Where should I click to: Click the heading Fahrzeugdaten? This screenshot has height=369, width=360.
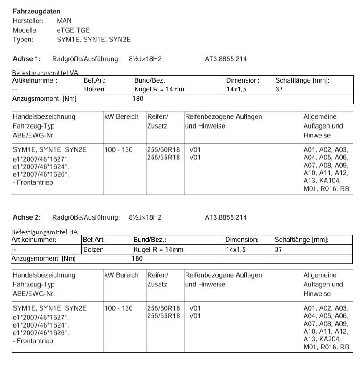click(x=36, y=11)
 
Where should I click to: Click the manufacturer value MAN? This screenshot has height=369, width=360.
click(x=64, y=21)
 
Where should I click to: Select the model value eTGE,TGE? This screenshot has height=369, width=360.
click(x=73, y=30)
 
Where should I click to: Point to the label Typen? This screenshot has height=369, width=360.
click(x=23, y=39)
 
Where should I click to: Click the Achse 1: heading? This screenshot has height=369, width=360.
click(x=27, y=59)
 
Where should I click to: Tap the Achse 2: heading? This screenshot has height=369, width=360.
click(x=27, y=217)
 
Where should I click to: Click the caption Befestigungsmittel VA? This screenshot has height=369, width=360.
click(x=45, y=72)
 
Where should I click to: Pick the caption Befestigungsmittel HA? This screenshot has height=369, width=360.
click(x=45, y=232)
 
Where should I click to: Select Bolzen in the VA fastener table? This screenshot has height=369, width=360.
click(x=94, y=89)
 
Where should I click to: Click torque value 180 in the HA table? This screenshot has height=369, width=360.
click(x=137, y=258)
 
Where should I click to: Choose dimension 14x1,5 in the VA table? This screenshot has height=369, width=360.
click(x=236, y=89)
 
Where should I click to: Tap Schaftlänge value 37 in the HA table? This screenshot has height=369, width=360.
click(x=278, y=249)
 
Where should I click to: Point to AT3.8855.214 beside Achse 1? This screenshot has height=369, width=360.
click(x=226, y=59)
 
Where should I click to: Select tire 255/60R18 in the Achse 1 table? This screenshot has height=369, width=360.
click(x=163, y=149)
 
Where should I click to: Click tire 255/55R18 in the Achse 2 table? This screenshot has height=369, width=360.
click(x=163, y=316)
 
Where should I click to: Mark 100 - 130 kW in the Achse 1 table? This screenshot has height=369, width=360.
click(x=119, y=149)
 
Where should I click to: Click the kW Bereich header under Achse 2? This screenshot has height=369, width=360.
click(x=121, y=275)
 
